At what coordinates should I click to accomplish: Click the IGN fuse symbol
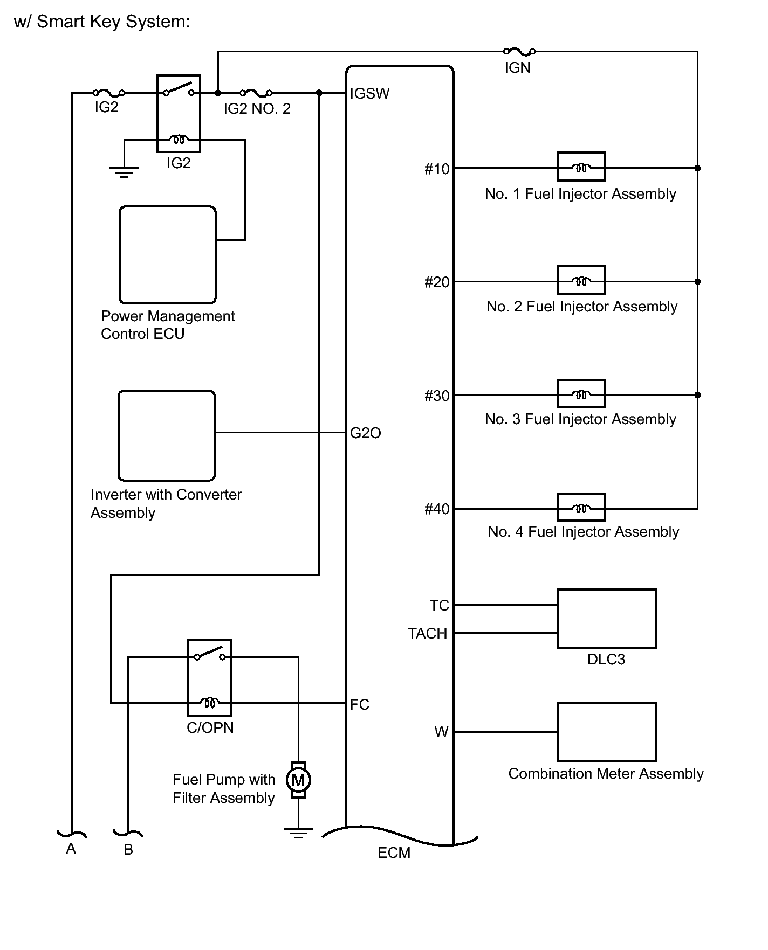519,52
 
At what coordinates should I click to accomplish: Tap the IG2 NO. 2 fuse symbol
256,93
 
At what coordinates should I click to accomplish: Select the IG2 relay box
179,114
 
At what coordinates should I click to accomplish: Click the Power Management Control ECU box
168,255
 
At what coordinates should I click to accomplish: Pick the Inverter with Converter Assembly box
167,435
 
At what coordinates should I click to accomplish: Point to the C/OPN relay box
209,678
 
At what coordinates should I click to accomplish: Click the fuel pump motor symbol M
298,780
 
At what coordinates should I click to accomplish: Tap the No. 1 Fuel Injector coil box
581,167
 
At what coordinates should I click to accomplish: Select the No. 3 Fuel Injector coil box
581,394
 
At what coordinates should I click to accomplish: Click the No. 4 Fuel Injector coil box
581,508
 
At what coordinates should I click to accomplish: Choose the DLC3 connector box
606,618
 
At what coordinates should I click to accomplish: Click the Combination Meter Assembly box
606,732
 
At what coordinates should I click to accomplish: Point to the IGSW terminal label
369,94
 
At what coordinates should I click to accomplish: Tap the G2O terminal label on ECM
365,433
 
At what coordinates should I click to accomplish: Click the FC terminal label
359,704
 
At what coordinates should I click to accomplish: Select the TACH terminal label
428,633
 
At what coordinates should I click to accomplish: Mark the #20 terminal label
437,282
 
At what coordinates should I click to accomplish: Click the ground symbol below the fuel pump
298,834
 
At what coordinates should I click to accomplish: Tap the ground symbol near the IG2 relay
124,172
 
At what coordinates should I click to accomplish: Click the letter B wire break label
128,850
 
